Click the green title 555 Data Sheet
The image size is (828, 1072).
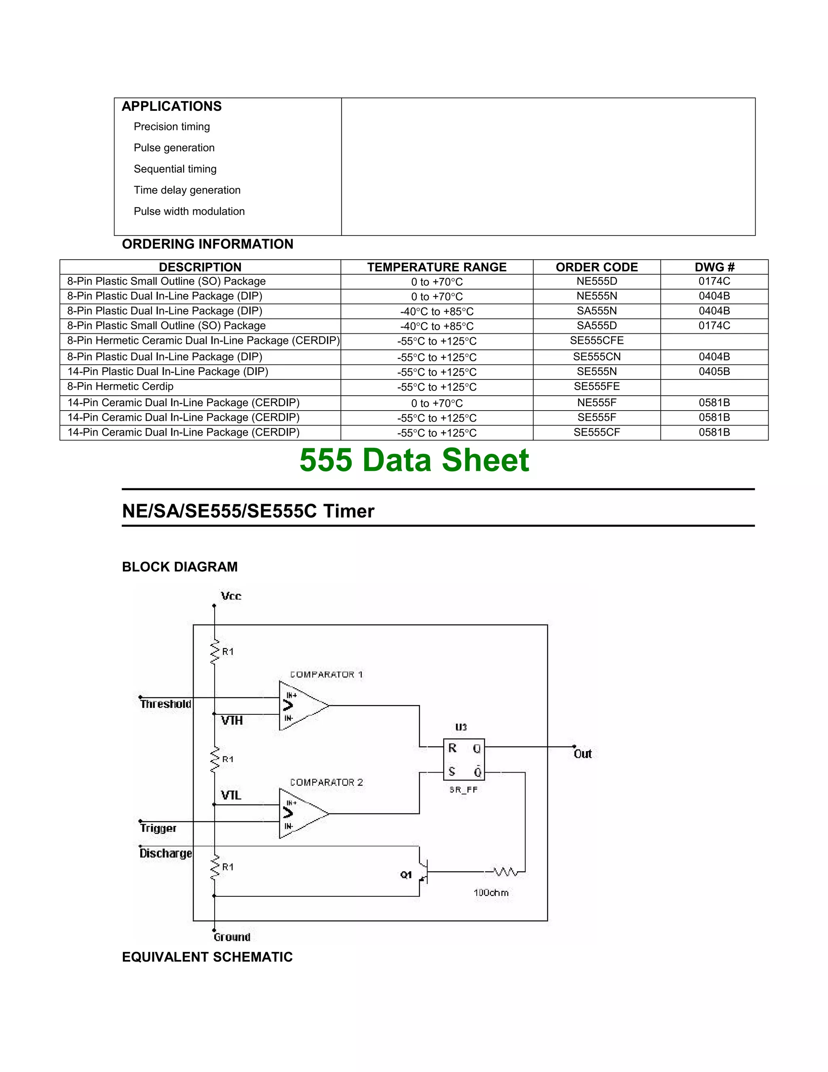pyautogui.click(x=414, y=460)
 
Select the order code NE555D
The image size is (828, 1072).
pyautogui.click(x=596, y=281)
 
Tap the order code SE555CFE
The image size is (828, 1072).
pyautogui.click(x=596, y=341)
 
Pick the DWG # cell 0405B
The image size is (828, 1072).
pyautogui.click(x=714, y=372)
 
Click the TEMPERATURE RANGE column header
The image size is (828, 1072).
pyautogui.click(x=437, y=267)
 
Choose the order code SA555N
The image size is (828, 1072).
pyautogui.click(x=596, y=311)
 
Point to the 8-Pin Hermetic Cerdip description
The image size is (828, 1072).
pyautogui.click(x=120, y=387)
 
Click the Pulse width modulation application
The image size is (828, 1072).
pyautogui.click(x=189, y=212)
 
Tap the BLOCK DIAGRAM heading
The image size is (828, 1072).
pyautogui.click(x=180, y=567)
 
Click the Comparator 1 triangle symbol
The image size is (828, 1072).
pyautogui.click(x=302, y=706)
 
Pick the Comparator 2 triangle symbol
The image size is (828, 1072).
pyautogui.click(x=302, y=814)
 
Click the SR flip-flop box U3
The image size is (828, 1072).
pyautogui.click(x=464, y=759)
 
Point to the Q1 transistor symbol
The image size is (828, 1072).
pyautogui.click(x=423, y=872)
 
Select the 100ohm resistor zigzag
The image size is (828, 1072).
pyautogui.click(x=505, y=872)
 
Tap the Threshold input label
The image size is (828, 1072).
pyautogui.click(x=165, y=704)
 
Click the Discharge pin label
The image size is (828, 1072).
pyautogui.click(x=165, y=854)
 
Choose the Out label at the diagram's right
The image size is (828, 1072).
pyautogui.click(x=583, y=754)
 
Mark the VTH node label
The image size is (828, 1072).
pyautogui.click(x=232, y=720)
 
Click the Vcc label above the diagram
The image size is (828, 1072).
pyautogui.click(x=230, y=596)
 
